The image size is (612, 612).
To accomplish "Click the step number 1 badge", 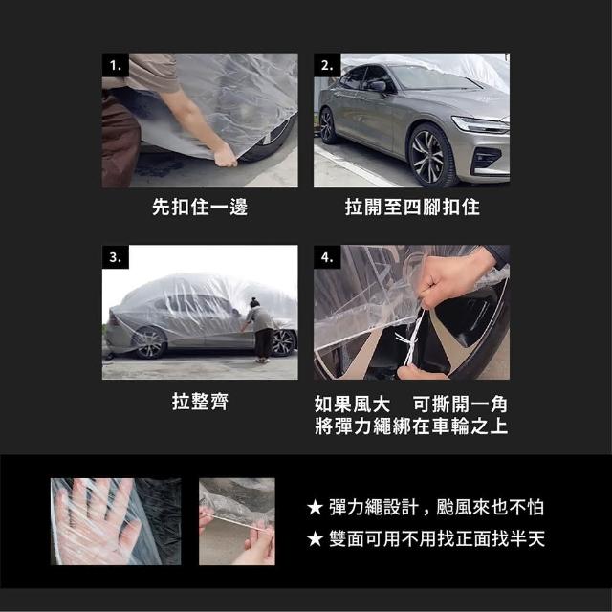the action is tap(116, 65).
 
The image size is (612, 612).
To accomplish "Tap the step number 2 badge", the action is tap(327, 65).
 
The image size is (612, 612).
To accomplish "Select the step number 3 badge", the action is tap(116, 257).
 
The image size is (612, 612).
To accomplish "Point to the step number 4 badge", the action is tap(327, 257).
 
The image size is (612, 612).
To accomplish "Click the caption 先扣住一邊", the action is tap(200, 207).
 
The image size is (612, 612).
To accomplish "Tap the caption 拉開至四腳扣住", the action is tap(412, 207).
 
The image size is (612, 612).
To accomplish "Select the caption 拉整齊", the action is tap(200, 402).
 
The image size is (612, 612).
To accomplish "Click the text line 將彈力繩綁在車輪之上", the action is tap(411, 426).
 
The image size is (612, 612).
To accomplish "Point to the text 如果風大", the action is tap(352, 404).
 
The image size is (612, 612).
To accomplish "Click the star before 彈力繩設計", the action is tap(315, 508).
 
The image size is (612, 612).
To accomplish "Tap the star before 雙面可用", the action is tap(315, 539).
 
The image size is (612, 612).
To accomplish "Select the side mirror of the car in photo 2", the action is tap(378, 87).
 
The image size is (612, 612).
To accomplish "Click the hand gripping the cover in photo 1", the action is tap(226, 156).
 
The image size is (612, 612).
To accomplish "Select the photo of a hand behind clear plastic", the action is tap(116, 521).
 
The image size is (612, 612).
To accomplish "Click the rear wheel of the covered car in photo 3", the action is tap(150, 343).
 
